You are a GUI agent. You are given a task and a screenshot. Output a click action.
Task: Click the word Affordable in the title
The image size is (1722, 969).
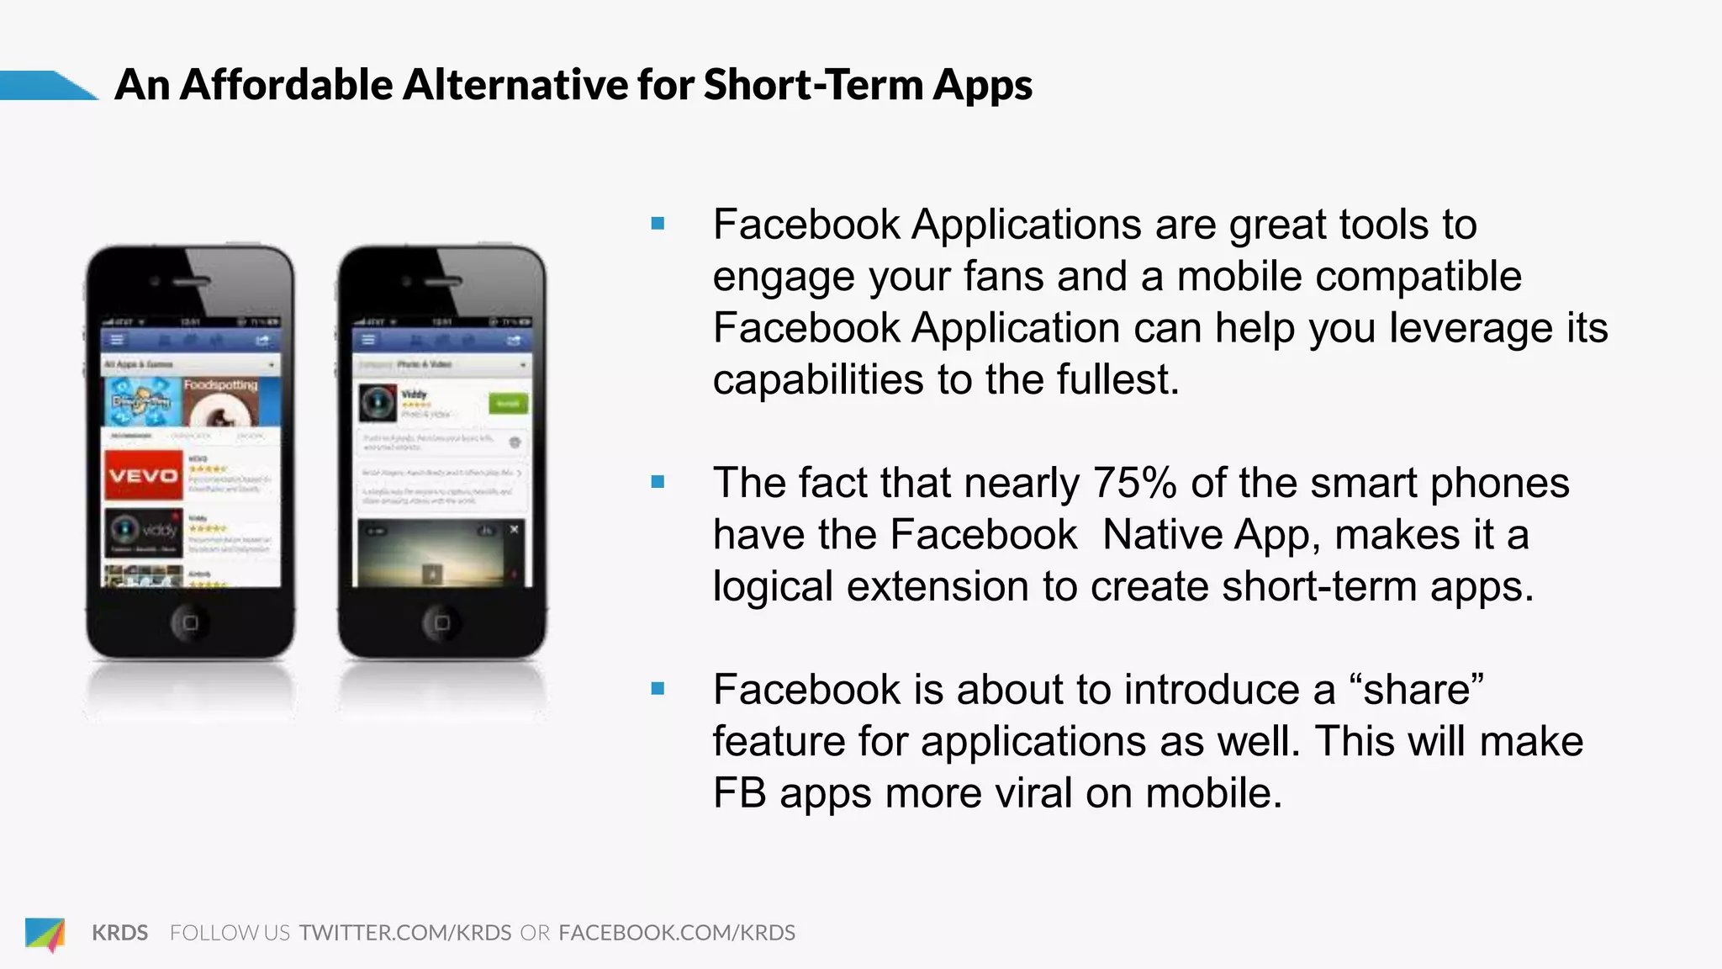(286, 85)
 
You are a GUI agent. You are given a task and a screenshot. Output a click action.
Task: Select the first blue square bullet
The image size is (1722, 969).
(658, 224)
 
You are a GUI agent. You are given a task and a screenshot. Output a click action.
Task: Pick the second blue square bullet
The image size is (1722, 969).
(658, 482)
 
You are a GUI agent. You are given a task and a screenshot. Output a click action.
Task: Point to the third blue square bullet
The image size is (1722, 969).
(658, 689)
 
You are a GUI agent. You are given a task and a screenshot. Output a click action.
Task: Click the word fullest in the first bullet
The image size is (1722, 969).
(1117, 379)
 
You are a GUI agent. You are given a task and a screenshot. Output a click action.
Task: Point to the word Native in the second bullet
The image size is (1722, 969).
(1161, 535)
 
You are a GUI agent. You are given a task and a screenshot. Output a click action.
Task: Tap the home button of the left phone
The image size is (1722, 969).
(190, 622)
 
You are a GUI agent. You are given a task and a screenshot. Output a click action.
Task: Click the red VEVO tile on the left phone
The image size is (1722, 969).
(143, 475)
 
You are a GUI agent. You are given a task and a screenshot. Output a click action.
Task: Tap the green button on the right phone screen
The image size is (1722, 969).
(508, 404)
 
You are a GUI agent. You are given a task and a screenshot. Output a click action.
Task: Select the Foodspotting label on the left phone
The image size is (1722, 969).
(220, 385)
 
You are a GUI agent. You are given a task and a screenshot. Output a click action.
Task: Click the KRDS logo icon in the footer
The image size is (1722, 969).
(45, 933)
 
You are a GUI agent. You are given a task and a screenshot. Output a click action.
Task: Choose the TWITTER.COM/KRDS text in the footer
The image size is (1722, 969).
(405, 933)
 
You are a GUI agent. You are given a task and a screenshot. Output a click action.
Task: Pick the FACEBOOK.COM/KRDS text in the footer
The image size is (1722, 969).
(677, 933)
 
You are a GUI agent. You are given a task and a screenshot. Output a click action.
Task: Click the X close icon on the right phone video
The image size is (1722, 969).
(515, 529)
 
